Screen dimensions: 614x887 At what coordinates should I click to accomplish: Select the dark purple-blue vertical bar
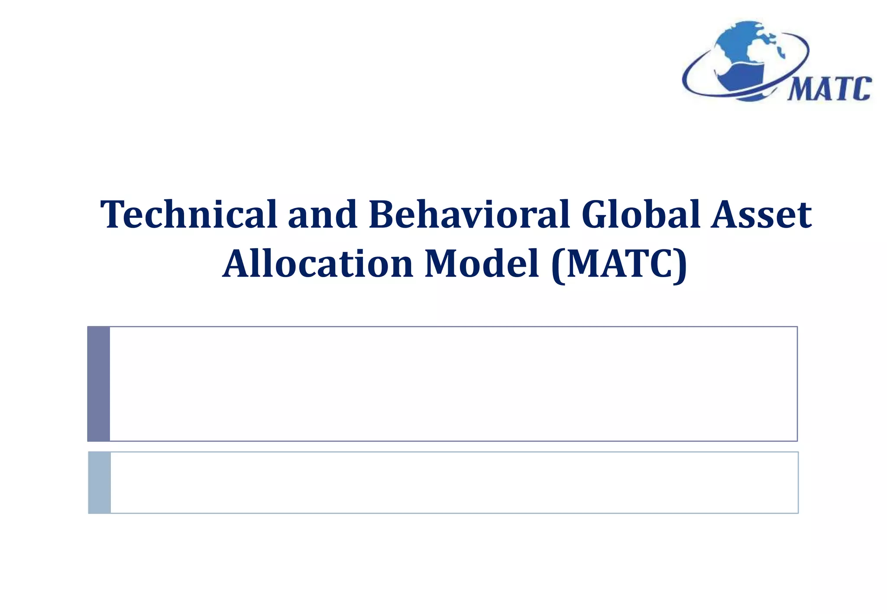(99, 384)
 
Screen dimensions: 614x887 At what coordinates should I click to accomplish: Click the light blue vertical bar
(100, 482)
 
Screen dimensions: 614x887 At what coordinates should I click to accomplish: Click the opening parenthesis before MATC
(558, 265)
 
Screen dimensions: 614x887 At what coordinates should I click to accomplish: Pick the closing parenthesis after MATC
(680, 265)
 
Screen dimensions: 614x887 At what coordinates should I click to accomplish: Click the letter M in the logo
(800, 90)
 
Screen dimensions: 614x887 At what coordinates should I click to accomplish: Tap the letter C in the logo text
(862, 89)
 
